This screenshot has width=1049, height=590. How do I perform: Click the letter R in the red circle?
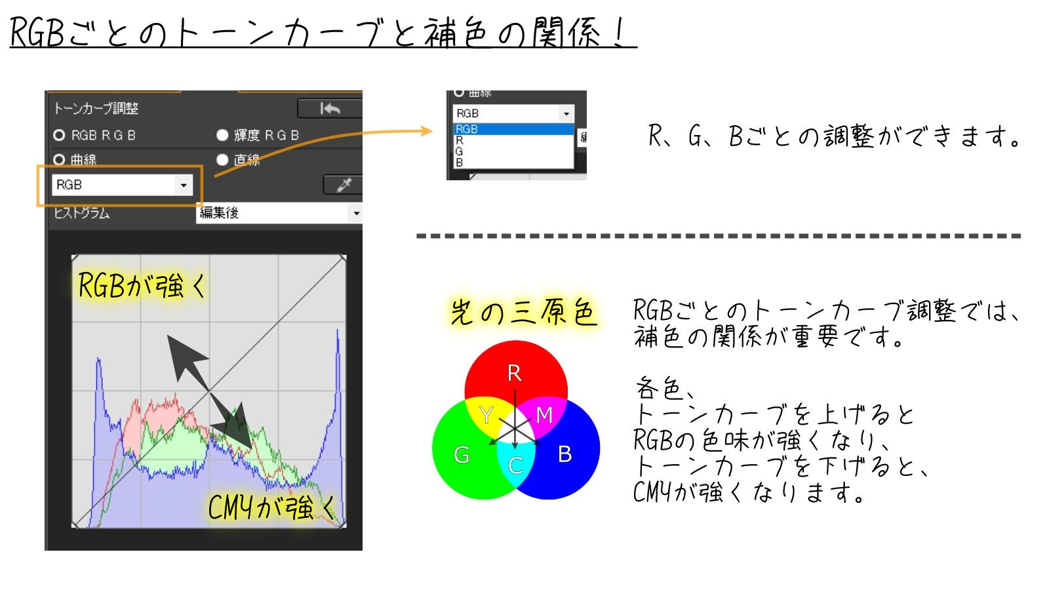514,373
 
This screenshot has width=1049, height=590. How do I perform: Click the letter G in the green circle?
462,455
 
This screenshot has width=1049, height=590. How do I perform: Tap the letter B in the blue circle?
564,454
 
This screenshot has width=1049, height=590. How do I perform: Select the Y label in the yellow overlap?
486,415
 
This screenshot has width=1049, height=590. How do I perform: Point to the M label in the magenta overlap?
544,415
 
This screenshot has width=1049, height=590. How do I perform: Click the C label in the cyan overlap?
515,465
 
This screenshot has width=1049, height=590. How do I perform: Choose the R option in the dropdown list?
460,140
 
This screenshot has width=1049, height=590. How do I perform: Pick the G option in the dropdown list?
459,151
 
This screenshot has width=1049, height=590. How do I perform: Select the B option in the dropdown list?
460,163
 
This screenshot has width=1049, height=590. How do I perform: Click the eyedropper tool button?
344,185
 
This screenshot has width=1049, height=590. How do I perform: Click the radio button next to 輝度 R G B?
222,135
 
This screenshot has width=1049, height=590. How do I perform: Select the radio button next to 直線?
222,160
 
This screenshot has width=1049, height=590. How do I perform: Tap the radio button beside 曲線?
59,160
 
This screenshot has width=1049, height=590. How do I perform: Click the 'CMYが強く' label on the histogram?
271,507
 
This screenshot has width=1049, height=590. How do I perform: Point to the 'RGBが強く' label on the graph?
142,285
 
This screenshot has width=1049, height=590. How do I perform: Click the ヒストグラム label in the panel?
81,213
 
